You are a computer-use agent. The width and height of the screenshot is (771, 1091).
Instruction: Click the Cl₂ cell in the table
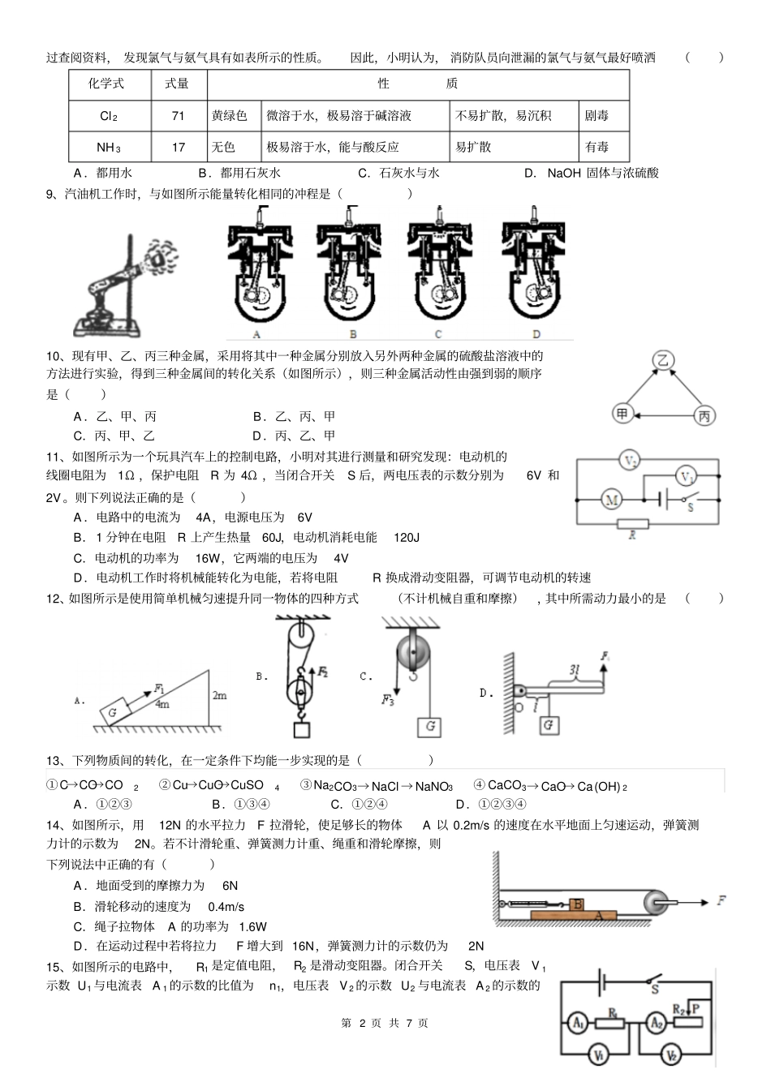[109, 116]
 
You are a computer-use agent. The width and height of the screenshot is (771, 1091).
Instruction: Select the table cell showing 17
[179, 148]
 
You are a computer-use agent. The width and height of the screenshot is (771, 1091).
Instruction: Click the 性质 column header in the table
[418, 84]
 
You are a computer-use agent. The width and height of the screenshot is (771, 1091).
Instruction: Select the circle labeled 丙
[704, 416]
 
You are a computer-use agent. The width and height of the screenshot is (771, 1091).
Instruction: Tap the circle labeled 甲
[622, 414]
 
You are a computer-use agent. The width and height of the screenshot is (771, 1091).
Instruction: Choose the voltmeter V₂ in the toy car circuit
[630, 461]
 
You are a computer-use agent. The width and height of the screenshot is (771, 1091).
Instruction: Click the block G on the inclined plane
[114, 711]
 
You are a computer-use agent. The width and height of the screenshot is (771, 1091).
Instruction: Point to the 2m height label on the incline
[219, 696]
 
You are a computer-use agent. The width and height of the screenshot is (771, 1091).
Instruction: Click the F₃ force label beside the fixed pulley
[388, 699]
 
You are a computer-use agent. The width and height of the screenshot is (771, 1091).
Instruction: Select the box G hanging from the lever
[549, 724]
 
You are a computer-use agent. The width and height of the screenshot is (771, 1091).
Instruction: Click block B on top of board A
[578, 904]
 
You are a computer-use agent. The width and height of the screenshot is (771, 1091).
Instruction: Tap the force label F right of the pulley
[721, 900]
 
